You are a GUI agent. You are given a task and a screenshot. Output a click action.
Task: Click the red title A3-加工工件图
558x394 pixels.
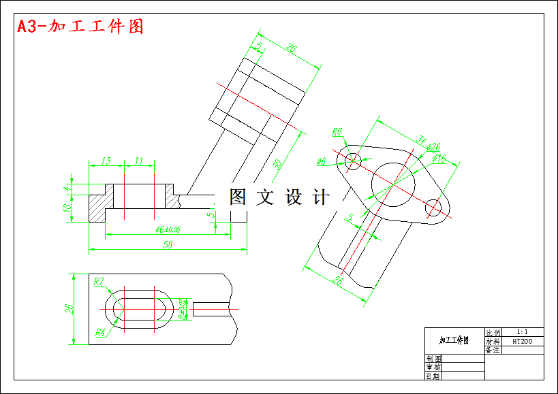pos(80,27)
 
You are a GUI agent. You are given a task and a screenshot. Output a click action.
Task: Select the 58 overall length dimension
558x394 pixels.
pos(167,244)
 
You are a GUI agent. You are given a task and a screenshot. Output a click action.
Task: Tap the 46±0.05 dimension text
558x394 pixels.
pos(167,229)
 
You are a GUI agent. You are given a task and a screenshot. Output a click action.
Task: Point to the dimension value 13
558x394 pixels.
pos(106,161)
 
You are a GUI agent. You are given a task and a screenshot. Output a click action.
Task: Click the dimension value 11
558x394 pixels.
pos(139,161)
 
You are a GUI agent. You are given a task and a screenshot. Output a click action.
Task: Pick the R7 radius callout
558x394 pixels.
pos(99,281)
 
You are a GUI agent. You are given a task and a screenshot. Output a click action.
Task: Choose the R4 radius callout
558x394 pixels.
pos(100,332)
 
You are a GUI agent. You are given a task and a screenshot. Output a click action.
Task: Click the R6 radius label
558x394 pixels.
pos(337,132)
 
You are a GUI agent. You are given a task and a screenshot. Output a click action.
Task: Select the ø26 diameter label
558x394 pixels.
pos(433,147)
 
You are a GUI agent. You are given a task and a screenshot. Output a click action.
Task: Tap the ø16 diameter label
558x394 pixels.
pos(439,159)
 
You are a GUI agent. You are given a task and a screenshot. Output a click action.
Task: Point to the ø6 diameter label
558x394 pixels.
pos(322,161)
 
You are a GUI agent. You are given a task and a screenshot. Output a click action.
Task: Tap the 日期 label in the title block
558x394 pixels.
pos(433,375)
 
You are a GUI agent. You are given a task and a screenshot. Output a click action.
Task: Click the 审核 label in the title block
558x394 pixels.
pos(433,366)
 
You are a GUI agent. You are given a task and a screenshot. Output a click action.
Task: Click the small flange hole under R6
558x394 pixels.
pos(353,161)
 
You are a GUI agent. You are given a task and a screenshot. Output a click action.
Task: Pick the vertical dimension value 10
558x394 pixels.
pos(67,208)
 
